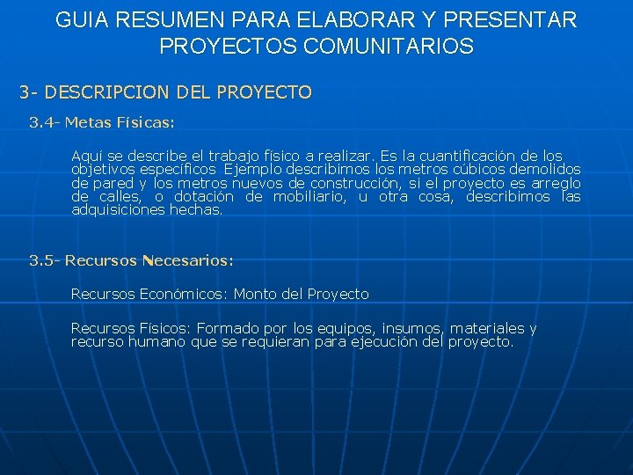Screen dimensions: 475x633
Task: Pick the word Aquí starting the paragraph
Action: click(86, 156)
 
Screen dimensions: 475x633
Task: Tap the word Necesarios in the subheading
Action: click(186, 260)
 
